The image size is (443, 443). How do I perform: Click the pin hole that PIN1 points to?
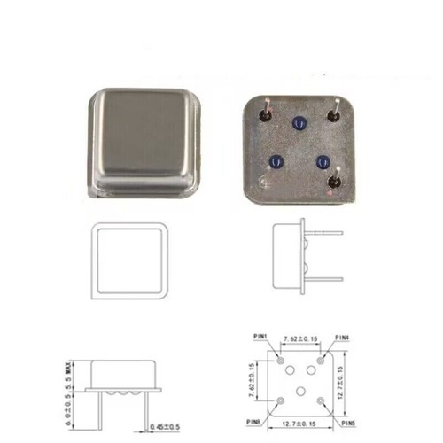coord(280,361)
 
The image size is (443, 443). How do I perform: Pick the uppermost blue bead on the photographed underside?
coord(297,125)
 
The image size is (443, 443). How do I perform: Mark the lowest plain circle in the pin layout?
coord(300,391)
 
